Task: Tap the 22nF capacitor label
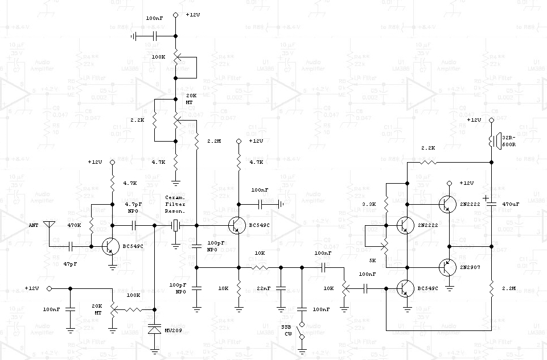click(x=263, y=288)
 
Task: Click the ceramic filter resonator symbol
click(x=176, y=226)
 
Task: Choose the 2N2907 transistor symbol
click(x=447, y=267)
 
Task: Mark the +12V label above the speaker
click(x=474, y=120)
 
